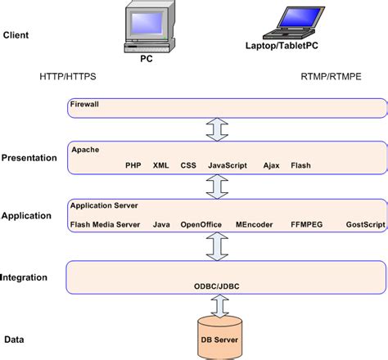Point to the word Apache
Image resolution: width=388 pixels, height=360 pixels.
(x=84, y=151)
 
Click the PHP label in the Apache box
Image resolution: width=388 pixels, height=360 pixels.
(x=133, y=164)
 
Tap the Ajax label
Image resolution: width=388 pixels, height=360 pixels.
(x=271, y=164)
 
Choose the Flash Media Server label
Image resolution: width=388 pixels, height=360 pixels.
(x=105, y=223)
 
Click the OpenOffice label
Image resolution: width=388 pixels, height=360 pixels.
(x=200, y=223)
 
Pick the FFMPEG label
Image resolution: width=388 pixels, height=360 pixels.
(x=307, y=223)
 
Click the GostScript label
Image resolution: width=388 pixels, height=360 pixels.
(x=364, y=223)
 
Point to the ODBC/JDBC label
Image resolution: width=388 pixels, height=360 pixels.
(x=216, y=286)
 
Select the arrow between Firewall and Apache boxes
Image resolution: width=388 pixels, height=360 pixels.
(x=217, y=129)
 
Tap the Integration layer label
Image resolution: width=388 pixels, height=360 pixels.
(x=25, y=278)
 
